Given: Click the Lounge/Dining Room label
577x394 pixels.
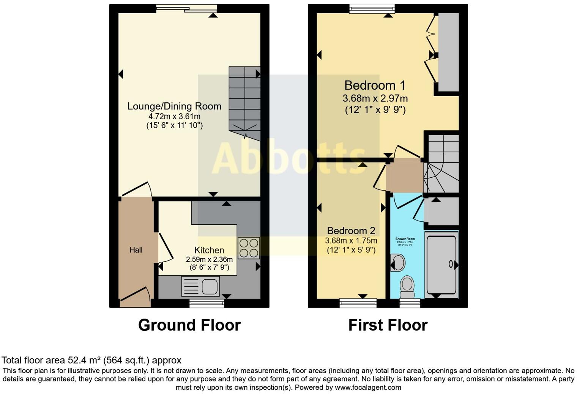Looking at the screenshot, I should [x=174, y=106].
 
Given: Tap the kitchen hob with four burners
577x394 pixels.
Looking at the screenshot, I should [x=249, y=248].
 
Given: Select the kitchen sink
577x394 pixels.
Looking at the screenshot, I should [x=200, y=286].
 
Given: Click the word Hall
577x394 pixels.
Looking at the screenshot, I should [x=136, y=250].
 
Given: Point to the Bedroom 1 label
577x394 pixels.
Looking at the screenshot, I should [x=375, y=85].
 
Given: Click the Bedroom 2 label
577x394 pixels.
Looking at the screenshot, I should [x=351, y=230].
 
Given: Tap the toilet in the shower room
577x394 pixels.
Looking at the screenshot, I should [x=407, y=287].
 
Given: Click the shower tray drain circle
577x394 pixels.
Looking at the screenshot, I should [x=451, y=264].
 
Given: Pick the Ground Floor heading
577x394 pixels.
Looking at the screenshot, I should [x=189, y=325].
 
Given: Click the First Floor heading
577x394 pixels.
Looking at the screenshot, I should [x=388, y=325].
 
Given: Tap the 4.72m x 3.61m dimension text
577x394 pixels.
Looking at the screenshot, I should [x=175, y=116].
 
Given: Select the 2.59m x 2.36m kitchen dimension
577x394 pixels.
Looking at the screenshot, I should [x=209, y=259].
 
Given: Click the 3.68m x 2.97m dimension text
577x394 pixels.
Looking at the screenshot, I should [x=375, y=98].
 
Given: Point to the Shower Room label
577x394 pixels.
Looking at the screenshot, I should [x=405, y=239].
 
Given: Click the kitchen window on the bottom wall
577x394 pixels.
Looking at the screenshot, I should [x=207, y=303].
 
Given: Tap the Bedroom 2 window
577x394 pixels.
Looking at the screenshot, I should [x=358, y=302].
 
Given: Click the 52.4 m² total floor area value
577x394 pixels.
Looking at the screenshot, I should [x=84, y=360].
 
